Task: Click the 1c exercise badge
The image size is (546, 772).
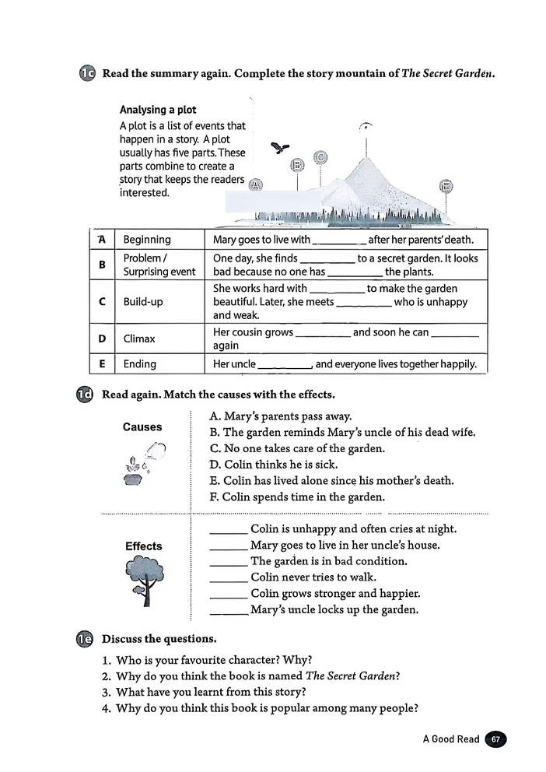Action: [x=86, y=74]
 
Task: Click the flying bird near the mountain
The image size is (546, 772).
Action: [x=280, y=148]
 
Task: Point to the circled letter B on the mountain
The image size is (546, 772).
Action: [x=296, y=165]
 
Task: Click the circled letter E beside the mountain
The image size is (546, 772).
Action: [x=446, y=186]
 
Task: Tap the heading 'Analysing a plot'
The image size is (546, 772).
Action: [x=158, y=110]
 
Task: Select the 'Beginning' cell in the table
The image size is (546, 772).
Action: [x=147, y=240]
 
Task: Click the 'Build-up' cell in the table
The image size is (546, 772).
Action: [x=143, y=302]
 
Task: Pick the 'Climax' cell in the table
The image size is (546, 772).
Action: [x=139, y=339]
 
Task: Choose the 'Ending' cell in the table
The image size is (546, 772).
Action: [x=140, y=363]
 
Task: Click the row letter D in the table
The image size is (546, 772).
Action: [x=103, y=339]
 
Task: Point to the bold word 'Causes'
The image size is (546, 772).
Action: [x=142, y=427]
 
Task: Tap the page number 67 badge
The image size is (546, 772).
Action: [x=495, y=739]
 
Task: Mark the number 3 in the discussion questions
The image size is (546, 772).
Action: [x=107, y=692]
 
